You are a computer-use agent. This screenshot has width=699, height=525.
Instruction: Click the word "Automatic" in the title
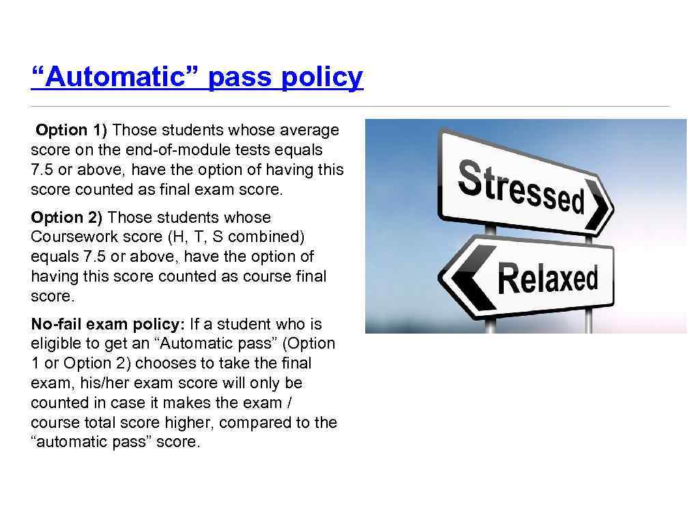point(115,78)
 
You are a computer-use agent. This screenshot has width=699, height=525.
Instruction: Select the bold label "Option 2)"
point(66,217)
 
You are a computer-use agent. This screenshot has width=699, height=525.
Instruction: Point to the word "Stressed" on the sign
point(521,184)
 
